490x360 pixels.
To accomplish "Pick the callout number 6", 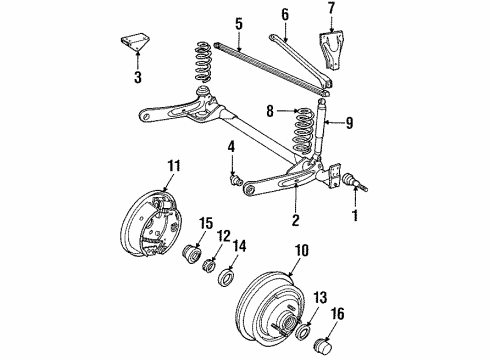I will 286,16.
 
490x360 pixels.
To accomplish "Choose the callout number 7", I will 333,14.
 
